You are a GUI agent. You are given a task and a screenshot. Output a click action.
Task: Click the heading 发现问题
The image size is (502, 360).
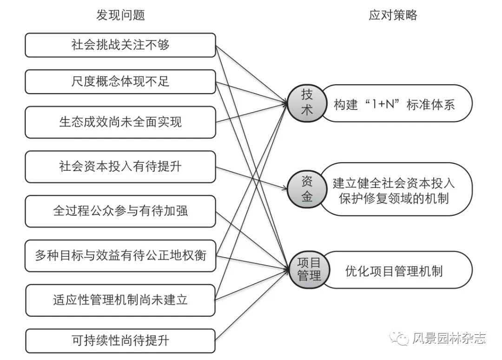(120, 15)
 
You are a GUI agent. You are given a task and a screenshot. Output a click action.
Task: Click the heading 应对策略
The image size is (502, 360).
(393, 15)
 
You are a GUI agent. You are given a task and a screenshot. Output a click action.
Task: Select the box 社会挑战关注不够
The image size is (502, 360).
(120, 45)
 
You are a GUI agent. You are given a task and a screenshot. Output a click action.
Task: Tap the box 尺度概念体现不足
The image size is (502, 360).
(120, 81)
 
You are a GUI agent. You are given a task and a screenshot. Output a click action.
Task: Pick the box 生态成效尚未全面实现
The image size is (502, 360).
(120, 122)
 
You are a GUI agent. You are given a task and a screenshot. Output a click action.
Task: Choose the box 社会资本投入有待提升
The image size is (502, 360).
(120, 167)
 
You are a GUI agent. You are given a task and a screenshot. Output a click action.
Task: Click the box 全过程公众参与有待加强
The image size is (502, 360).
(120, 211)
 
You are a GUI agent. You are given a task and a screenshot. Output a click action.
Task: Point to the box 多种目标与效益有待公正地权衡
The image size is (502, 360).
(120, 255)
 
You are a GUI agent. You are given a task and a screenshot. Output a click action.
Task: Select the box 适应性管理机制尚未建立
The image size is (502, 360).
(120, 300)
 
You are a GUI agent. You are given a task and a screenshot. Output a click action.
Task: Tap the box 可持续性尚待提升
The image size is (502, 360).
(120, 341)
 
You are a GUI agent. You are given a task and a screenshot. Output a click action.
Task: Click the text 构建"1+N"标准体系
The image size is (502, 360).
(394, 104)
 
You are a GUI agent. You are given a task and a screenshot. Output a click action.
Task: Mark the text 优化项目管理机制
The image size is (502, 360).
(394, 271)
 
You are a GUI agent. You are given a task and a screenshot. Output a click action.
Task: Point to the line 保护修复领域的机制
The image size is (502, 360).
(394, 199)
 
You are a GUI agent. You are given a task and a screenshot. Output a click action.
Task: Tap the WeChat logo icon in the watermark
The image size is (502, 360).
(399, 338)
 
